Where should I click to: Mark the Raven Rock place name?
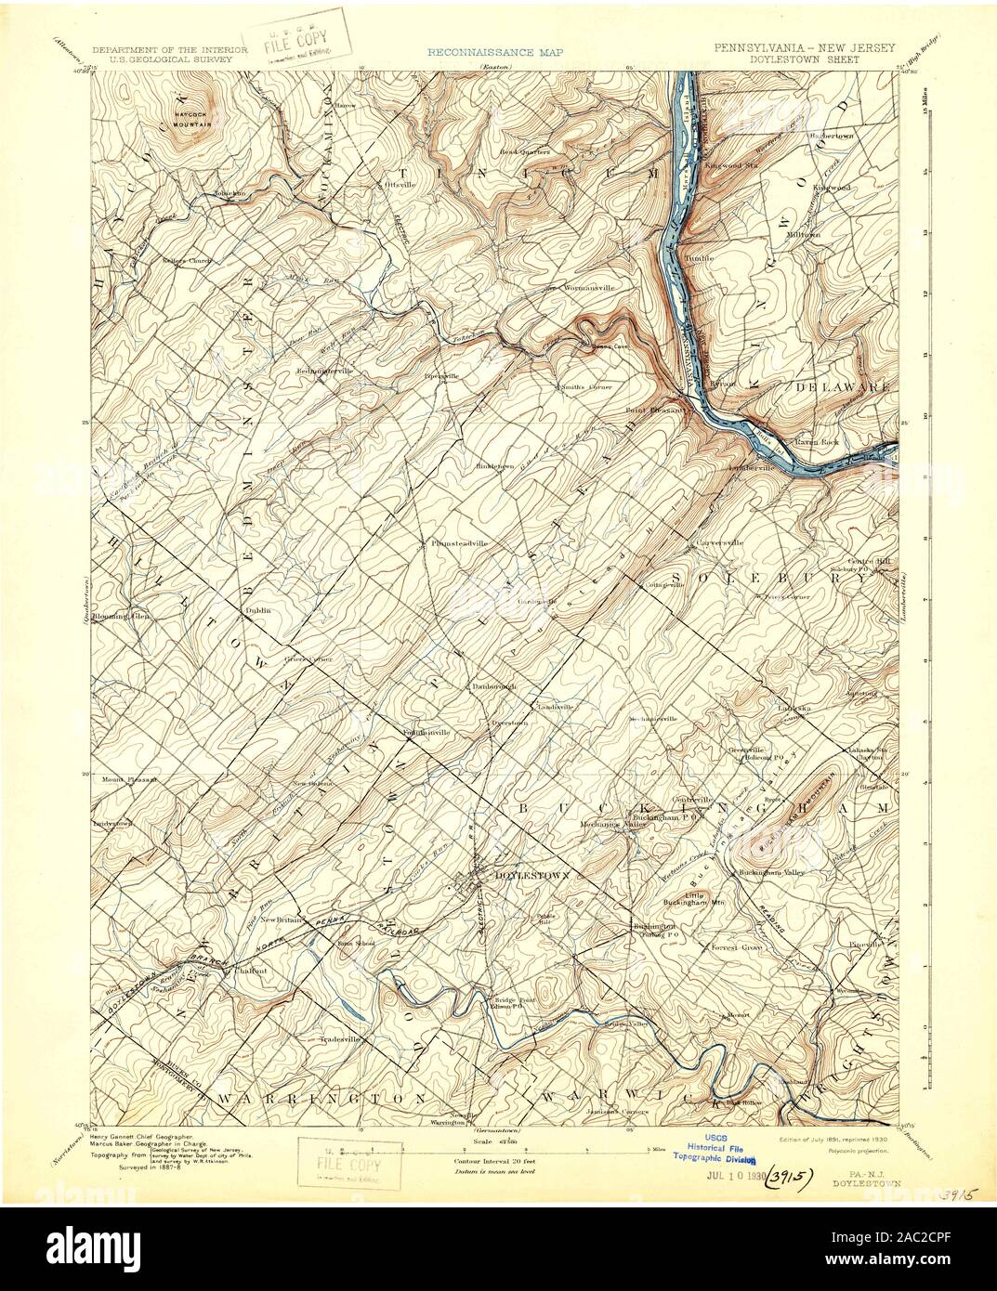[x=816, y=442]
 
